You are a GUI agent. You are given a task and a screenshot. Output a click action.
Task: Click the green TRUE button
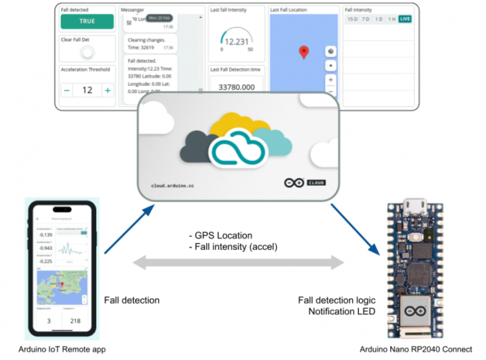click(87, 22)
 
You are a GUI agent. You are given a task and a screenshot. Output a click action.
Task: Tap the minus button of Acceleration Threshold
click(67, 90)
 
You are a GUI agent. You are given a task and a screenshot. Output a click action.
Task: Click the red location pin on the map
click(304, 52)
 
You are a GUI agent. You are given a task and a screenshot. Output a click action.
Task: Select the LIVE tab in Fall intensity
click(405, 19)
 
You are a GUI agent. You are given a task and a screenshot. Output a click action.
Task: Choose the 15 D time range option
click(352, 19)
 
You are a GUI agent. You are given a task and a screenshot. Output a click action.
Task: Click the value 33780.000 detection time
click(236, 87)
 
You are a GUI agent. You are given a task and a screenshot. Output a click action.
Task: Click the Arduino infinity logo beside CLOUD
click(294, 183)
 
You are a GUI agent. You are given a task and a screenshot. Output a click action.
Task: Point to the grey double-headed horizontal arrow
click(238, 262)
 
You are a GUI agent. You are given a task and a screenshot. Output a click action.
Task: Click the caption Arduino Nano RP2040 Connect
click(416, 349)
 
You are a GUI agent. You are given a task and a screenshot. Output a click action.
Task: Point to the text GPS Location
click(225, 235)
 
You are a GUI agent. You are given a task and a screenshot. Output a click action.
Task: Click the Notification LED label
click(341, 311)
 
